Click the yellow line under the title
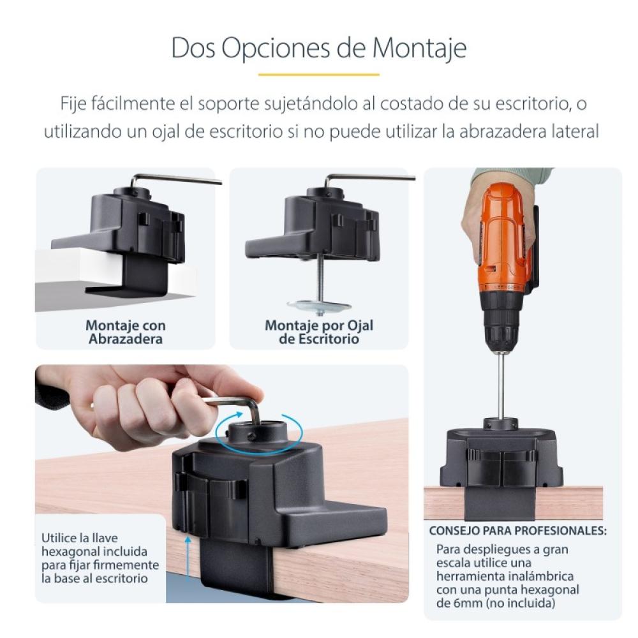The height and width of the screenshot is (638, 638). pyautogui.click(x=318, y=75)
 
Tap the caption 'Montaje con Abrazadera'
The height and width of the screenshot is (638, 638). pyautogui.click(x=125, y=332)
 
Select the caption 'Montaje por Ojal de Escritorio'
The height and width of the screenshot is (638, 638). pyautogui.click(x=318, y=332)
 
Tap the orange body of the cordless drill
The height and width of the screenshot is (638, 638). pyautogui.click(x=504, y=236)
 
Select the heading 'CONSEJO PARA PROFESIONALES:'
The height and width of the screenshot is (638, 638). pyautogui.click(x=517, y=531)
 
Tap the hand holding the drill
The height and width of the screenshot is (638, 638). pyautogui.click(x=485, y=211)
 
